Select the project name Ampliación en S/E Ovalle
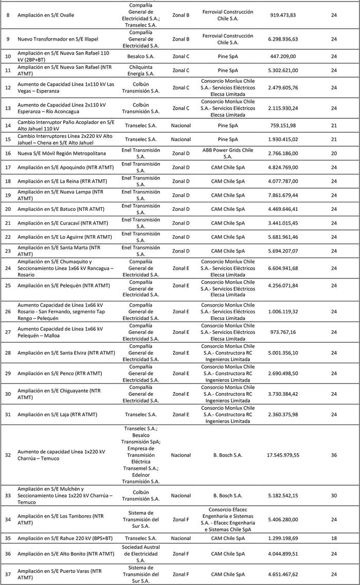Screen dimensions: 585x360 pos(46,15)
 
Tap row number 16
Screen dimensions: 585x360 pos(8,153)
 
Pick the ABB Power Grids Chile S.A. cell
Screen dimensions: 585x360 pos(227,153)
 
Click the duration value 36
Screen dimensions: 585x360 pos(334,455)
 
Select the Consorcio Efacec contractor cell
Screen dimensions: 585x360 pos(227,519)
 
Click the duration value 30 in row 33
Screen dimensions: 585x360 pos(334,496)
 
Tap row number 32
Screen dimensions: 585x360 pos(8,455)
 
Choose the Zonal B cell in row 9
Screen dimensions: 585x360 pos(181,39)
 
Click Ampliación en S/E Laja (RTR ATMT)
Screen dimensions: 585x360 pos(57,415)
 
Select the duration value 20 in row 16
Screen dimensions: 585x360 pos(334,153)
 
